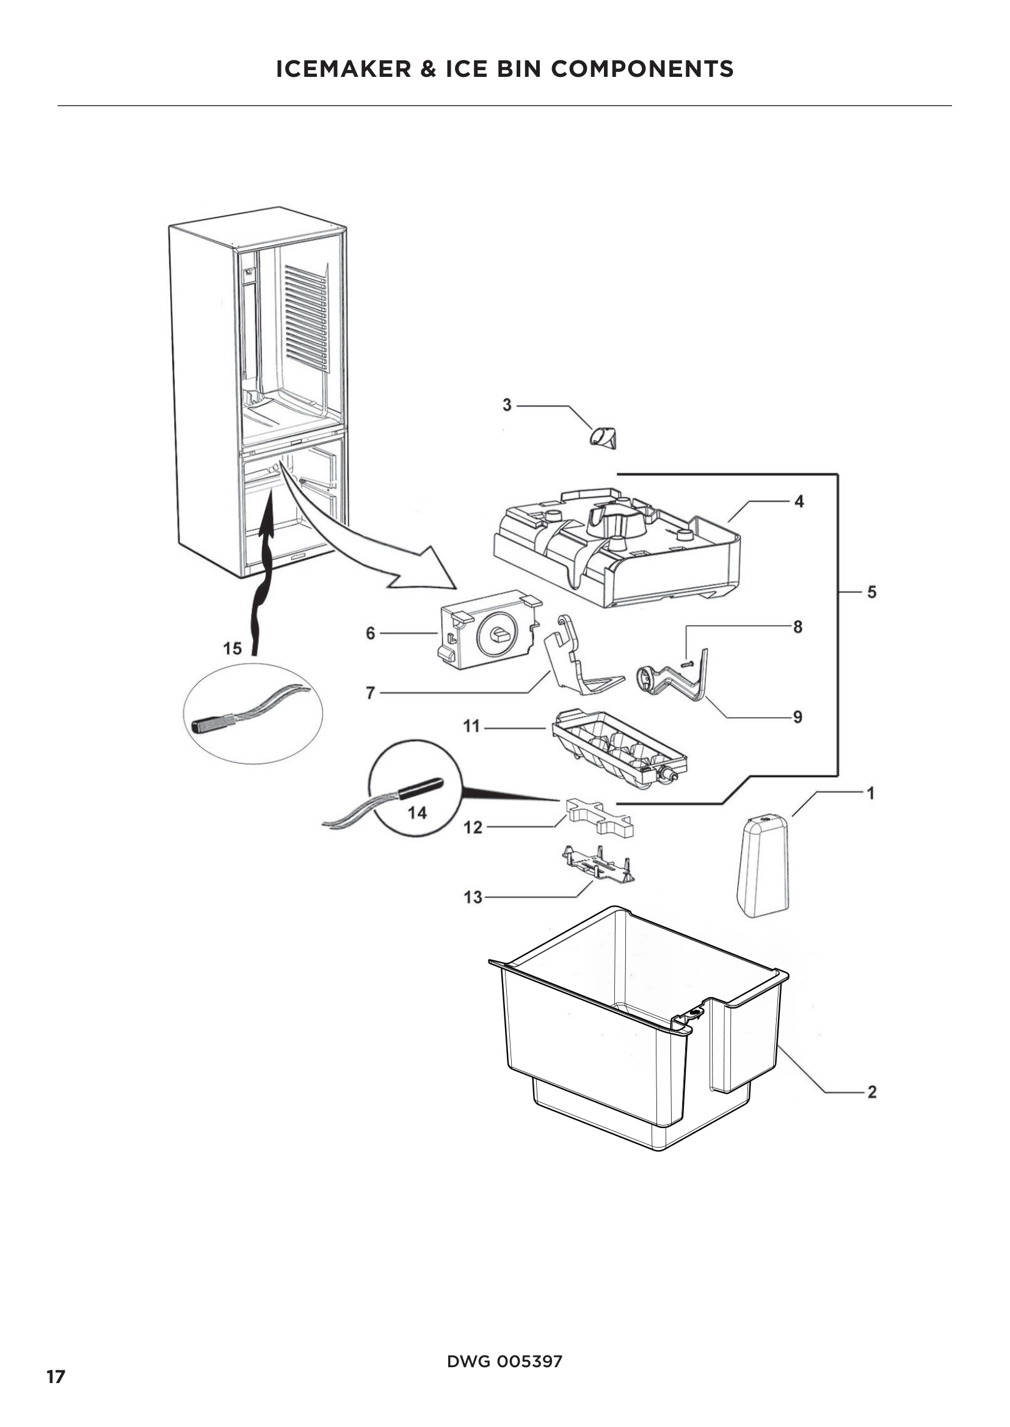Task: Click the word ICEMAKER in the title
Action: (343, 69)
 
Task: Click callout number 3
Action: (507, 405)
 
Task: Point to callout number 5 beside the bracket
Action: (871, 592)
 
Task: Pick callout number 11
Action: (471, 726)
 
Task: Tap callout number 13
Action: (473, 897)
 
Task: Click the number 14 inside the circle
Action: (417, 812)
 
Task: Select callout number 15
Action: (233, 649)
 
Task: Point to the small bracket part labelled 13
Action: (600, 864)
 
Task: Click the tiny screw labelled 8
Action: (686, 664)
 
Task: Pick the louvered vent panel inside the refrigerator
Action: (305, 317)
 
